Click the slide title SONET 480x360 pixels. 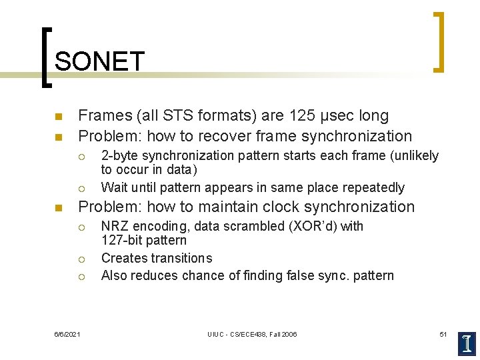point(99,61)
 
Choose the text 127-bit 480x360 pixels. point(122,240)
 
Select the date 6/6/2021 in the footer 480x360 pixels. point(68,334)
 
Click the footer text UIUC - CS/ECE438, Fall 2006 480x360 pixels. point(252,334)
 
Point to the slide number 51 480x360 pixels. point(443,334)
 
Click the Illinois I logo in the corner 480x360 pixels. point(467,343)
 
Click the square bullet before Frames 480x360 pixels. point(58,117)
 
